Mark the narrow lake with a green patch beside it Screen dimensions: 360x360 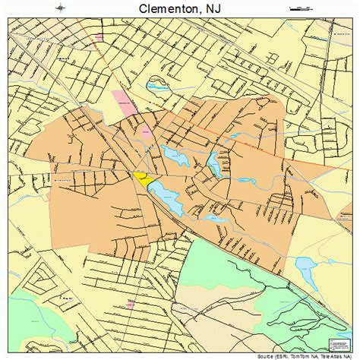coord(215,164)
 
